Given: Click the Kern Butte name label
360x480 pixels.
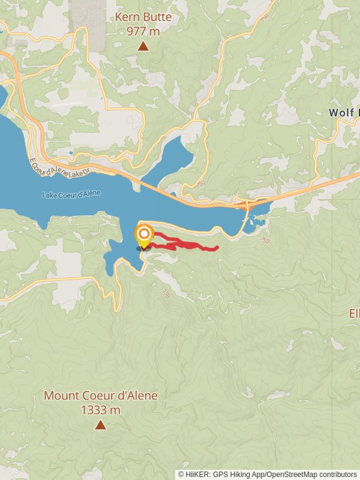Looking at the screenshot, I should [143, 17].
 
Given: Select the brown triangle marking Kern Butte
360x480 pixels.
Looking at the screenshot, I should [143, 46].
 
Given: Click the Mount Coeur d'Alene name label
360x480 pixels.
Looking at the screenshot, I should [101, 396].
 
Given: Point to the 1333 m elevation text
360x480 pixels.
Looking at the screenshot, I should [100, 410].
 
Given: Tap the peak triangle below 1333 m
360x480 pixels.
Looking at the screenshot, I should [100, 425].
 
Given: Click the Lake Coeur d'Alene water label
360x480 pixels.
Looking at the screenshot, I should [71, 194].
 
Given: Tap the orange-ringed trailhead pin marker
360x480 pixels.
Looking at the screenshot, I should [144, 235].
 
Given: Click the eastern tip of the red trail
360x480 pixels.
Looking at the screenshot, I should [216, 247].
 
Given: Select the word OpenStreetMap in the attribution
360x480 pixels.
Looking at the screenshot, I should [291, 474].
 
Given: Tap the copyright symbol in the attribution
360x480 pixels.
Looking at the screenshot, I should [181, 474].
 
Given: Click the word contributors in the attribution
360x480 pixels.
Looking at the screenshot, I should [337, 474].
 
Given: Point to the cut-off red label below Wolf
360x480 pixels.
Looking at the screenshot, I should [354, 313].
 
